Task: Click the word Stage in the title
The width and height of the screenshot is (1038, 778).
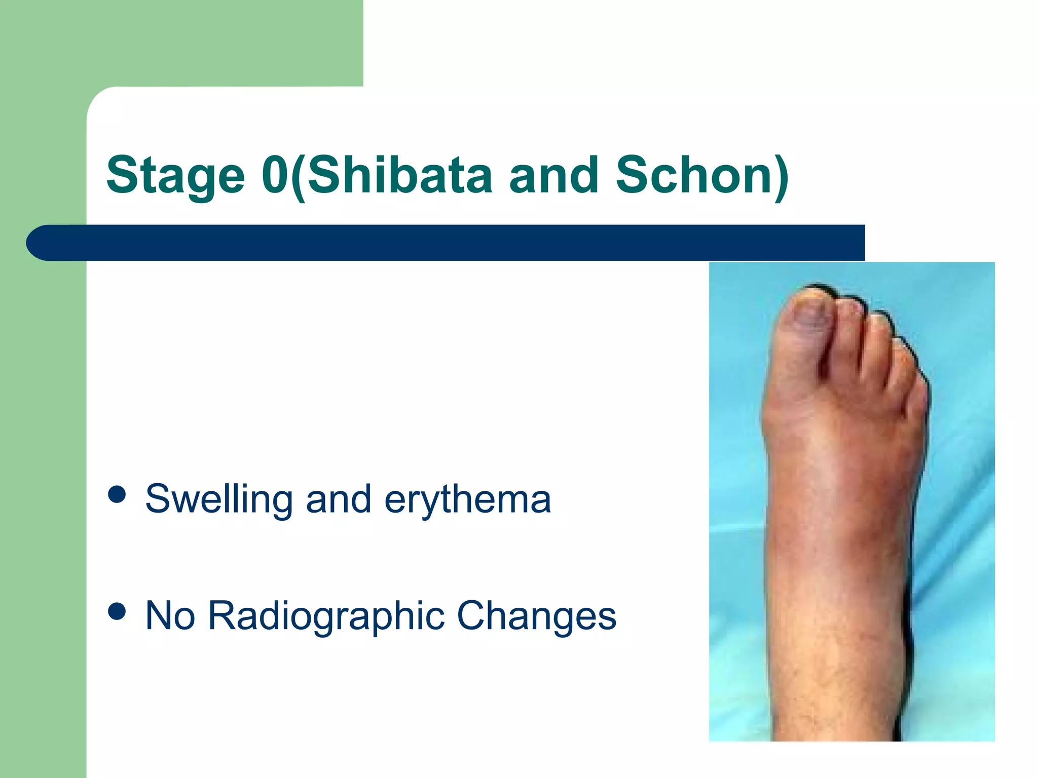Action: coord(175,175)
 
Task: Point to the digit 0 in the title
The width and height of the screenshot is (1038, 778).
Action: coord(276,175)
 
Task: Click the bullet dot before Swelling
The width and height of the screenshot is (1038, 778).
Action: coord(117,494)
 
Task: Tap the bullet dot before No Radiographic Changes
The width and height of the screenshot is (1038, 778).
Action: coord(117,611)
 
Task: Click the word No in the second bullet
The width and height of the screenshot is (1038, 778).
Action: coord(170,615)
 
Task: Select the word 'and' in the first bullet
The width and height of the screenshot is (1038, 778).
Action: coord(338,499)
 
